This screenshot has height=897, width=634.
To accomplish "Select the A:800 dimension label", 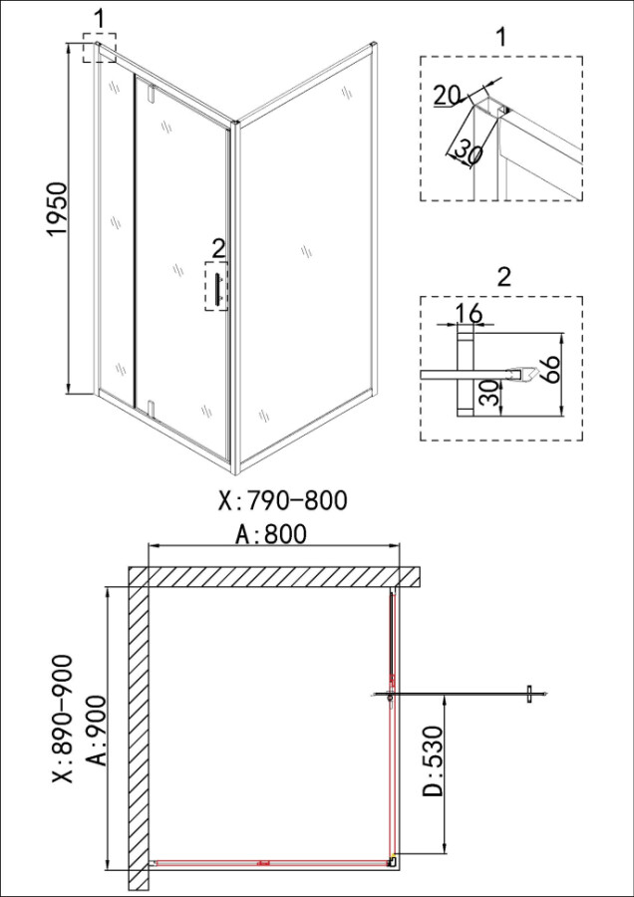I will (271, 534).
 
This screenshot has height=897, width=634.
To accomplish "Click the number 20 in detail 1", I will (448, 95).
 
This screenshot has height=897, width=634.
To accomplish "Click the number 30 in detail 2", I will (487, 394).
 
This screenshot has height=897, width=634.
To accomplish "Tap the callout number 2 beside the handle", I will (218, 247).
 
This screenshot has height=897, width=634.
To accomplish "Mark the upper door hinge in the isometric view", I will (149, 95).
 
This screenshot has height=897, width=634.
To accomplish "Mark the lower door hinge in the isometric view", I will (149, 405).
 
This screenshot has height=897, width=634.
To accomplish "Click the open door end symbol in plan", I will (528, 694).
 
